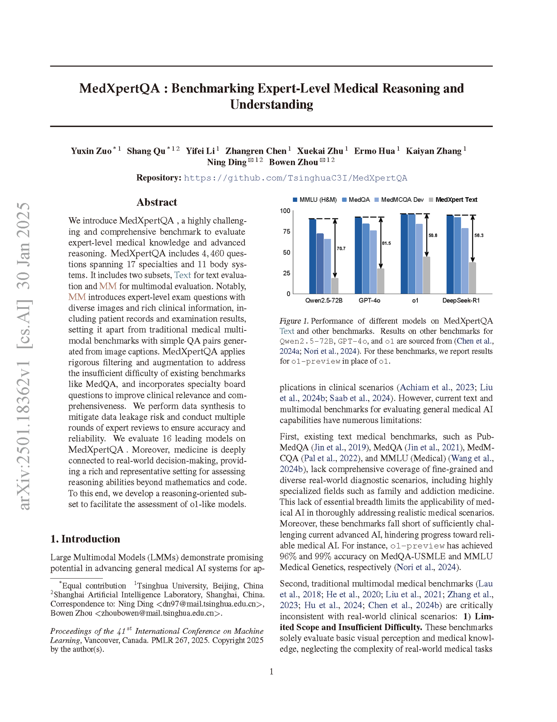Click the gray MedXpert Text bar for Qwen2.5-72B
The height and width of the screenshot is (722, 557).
click(x=335, y=286)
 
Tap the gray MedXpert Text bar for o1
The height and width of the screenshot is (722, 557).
click(x=426, y=275)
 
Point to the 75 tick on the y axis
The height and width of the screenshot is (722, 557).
click(x=286, y=232)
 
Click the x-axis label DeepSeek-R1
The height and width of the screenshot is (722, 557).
click(x=461, y=301)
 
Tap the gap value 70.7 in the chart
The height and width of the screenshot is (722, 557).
click(x=341, y=249)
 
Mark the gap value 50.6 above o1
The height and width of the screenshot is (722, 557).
click(x=432, y=236)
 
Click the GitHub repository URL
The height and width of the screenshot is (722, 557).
click(x=295, y=178)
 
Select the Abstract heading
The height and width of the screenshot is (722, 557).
click(x=157, y=202)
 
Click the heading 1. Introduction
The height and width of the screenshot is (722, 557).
click(x=85, y=539)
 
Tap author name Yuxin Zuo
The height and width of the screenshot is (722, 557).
click(x=91, y=151)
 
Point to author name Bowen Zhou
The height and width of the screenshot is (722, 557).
click(x=293, y=162)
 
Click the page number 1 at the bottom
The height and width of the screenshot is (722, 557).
click(x=272, y=672)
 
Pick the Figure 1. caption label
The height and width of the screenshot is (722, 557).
click(x=294, y=321)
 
